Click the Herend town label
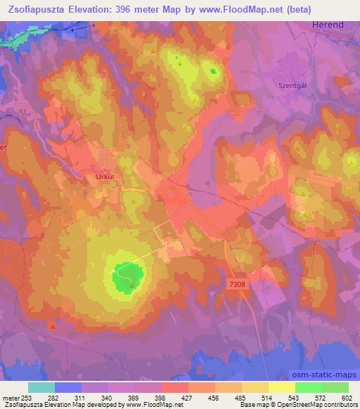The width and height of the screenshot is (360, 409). (x=327, y=25)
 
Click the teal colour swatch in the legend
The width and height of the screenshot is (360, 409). (x=41, y=387)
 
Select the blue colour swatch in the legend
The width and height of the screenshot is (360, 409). (x=67, y=387)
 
